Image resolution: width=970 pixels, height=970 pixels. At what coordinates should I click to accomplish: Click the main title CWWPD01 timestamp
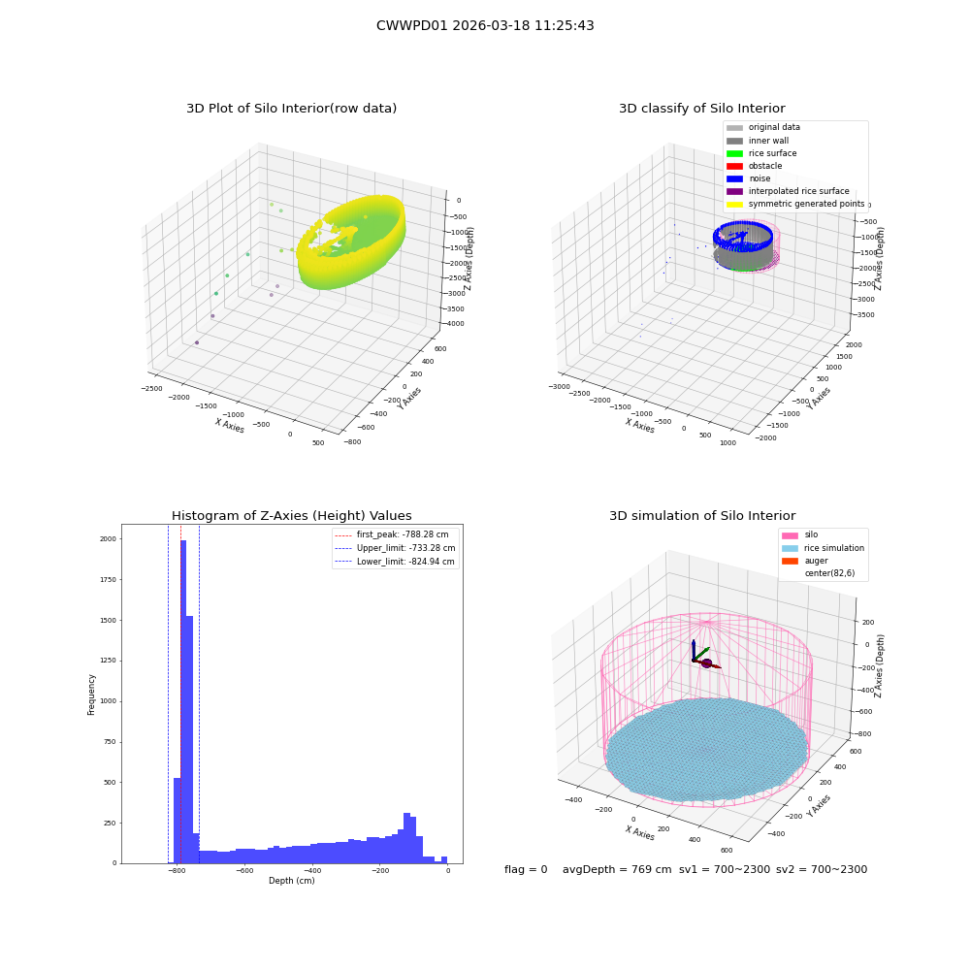[485, 25]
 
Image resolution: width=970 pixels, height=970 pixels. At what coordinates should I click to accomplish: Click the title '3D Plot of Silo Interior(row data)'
[291, 109]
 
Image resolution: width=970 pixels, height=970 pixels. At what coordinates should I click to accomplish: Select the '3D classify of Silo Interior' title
[702, 109]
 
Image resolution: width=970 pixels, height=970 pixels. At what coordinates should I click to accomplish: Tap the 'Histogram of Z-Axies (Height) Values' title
[291, 515]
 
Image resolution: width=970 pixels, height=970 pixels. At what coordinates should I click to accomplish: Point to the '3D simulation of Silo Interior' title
[702, 515]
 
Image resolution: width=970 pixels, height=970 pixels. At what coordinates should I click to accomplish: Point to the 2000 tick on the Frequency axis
[108, 538]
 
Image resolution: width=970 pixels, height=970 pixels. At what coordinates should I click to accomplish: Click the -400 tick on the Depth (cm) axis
[312, 870]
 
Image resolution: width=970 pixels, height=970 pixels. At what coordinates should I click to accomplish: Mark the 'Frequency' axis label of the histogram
[91, 695]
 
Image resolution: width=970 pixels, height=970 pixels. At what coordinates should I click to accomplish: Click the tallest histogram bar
[183, 701]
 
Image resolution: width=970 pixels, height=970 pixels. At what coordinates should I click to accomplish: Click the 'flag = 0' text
[526, 869]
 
